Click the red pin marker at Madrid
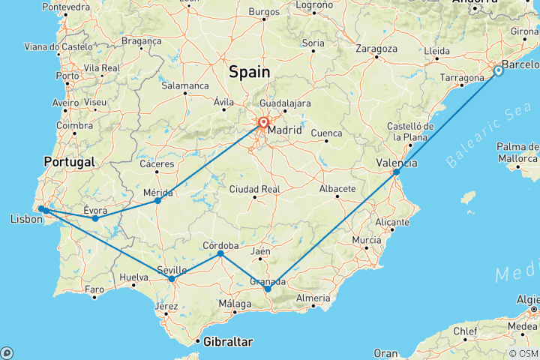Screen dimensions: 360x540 pyautogui.click(x=264, y=123)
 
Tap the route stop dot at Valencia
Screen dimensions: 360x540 pyautogui.click(x=397, y=172)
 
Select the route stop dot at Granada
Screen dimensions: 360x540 pyautogui.click(x=268, y=289)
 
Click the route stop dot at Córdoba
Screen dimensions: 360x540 pyautogui.click(x=220, y=254)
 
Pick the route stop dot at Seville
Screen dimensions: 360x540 pyautogui.click(x=172, y=279)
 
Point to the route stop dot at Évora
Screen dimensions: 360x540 pyautogui.click(x=95, y=218)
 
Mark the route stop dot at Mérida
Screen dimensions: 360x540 pyautogui.click(x=157, y=201)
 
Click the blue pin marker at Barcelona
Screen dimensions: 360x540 pyautogui.click(x=499, y=71)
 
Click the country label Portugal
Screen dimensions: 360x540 pyautogui.click(x=69, y=162)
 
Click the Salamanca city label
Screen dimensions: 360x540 pyautogui.click(x=185, y=86)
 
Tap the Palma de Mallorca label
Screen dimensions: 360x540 pyautogui.click(x=517, y=152)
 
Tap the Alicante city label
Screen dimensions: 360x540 pyautogui.click(x=393, y=223)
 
